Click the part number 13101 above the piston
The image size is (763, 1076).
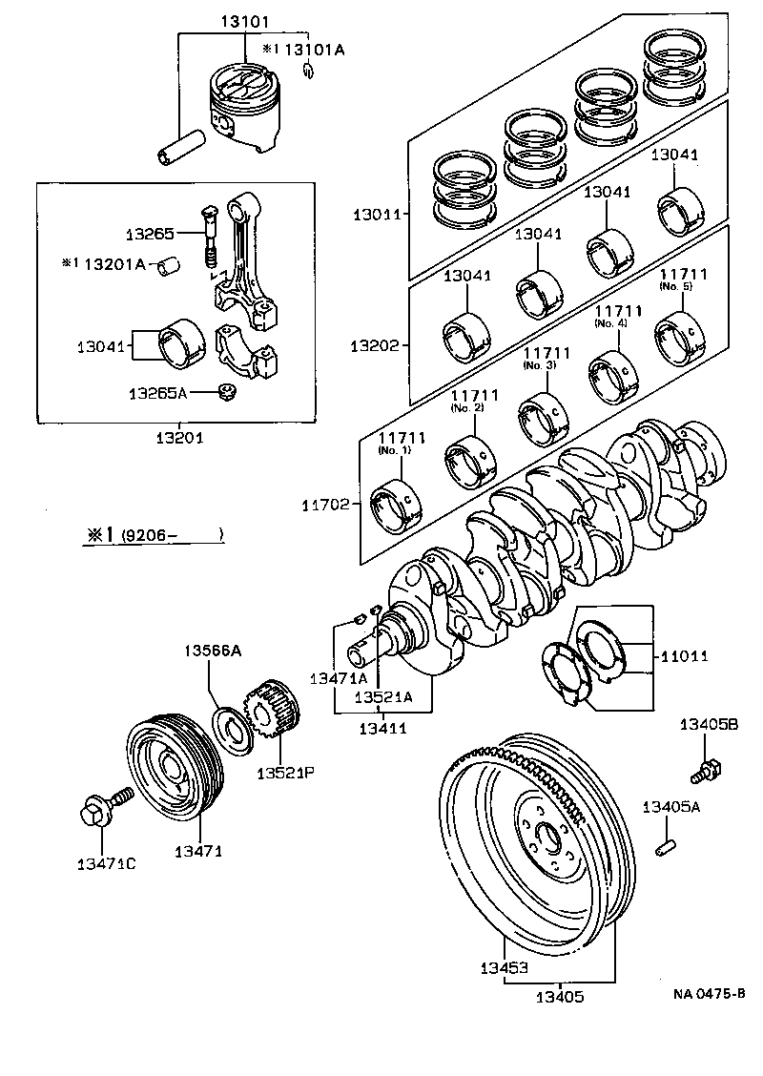[x=245, y=19]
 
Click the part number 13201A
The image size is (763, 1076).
[x=113, y=263]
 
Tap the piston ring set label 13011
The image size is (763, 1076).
[x=378, y=214]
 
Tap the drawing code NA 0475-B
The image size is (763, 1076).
[x=708, y=994]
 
